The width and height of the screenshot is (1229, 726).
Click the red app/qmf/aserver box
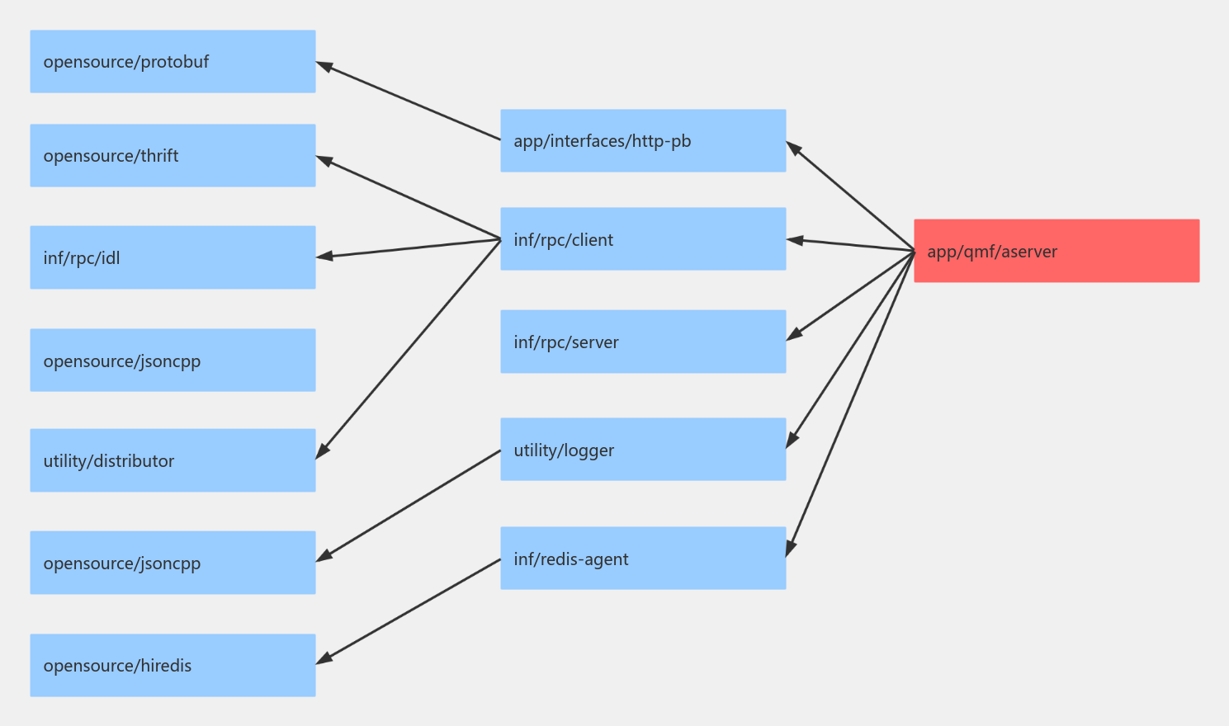(x=1056, y=251)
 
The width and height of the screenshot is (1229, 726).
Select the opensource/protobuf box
(x=173, y=61)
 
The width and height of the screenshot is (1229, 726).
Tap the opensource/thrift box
(x=173, y=155)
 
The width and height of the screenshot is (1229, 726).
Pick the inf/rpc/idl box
(x=173, y=257)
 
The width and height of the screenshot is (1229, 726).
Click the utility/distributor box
(x=173, y=460)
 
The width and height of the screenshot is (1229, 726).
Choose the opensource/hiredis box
(x=173, y=665)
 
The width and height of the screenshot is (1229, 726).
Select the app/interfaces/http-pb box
(x=643, y=140)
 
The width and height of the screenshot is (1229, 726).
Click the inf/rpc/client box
(x=643, y=238)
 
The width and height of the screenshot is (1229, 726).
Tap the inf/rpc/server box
(x=643, y=342)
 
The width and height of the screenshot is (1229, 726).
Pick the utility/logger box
(x=643, y=449)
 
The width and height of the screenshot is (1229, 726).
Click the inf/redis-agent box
(x=643, y=558)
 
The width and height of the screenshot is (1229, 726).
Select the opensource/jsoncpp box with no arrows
(x=173, y=360)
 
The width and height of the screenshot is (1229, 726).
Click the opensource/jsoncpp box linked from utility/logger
(x=173, y=563)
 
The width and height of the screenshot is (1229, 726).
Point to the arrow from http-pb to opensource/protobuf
(x=409, y=101)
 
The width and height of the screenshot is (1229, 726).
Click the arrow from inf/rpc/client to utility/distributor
(x=409, y=349)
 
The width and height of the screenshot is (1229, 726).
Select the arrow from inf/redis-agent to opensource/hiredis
(x=409, y=610)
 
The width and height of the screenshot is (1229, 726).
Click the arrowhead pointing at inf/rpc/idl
(x=324, y=257)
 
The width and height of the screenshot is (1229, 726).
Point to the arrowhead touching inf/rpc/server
(x=794, y=334)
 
